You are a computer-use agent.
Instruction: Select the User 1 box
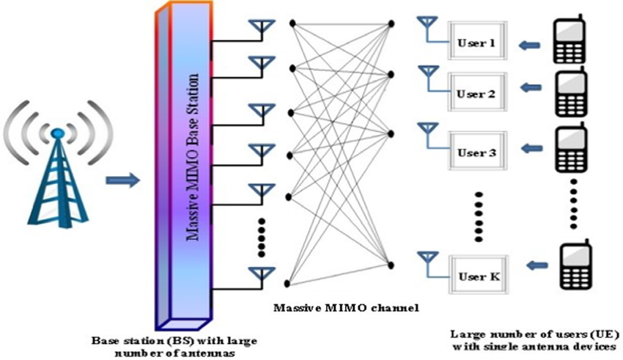tap(477, 45)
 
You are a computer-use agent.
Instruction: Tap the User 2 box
tap(477, 95)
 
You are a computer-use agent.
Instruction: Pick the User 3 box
tap(477, 153)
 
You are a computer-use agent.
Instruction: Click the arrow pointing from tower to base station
tap(121, 179)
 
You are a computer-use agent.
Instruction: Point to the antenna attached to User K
tap(426, 260)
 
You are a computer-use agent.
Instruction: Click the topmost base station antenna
tap(259, 29)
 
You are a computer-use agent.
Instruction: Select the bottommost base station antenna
tap(259, 275)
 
